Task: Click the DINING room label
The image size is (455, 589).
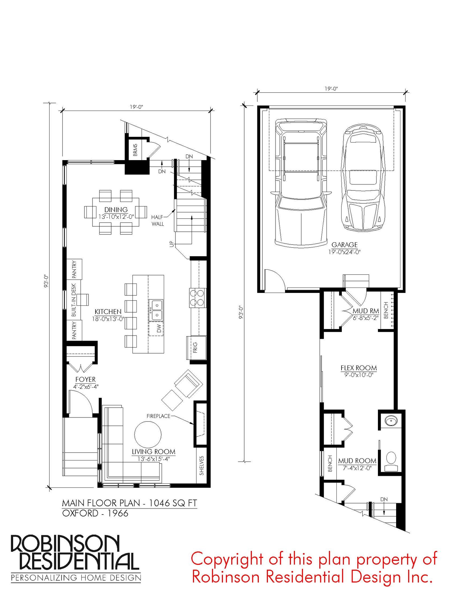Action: pos(116,210)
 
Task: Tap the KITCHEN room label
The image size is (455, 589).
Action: pos(108,312)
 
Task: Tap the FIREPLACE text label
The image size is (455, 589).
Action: pos(158,416)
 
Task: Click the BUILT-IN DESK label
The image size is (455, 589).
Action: pos(74,300)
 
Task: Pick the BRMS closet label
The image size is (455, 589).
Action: pos(135,150)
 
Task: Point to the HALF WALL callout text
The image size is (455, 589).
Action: pos(158,220)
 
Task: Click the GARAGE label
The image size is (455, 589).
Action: pos(345,245)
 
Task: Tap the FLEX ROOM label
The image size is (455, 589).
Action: pos(359,368)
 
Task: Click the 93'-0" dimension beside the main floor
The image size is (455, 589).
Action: pos(46,281)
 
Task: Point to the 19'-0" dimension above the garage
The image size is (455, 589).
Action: pos(331,88)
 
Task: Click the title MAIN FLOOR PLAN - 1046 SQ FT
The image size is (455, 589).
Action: pos(129,503)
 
